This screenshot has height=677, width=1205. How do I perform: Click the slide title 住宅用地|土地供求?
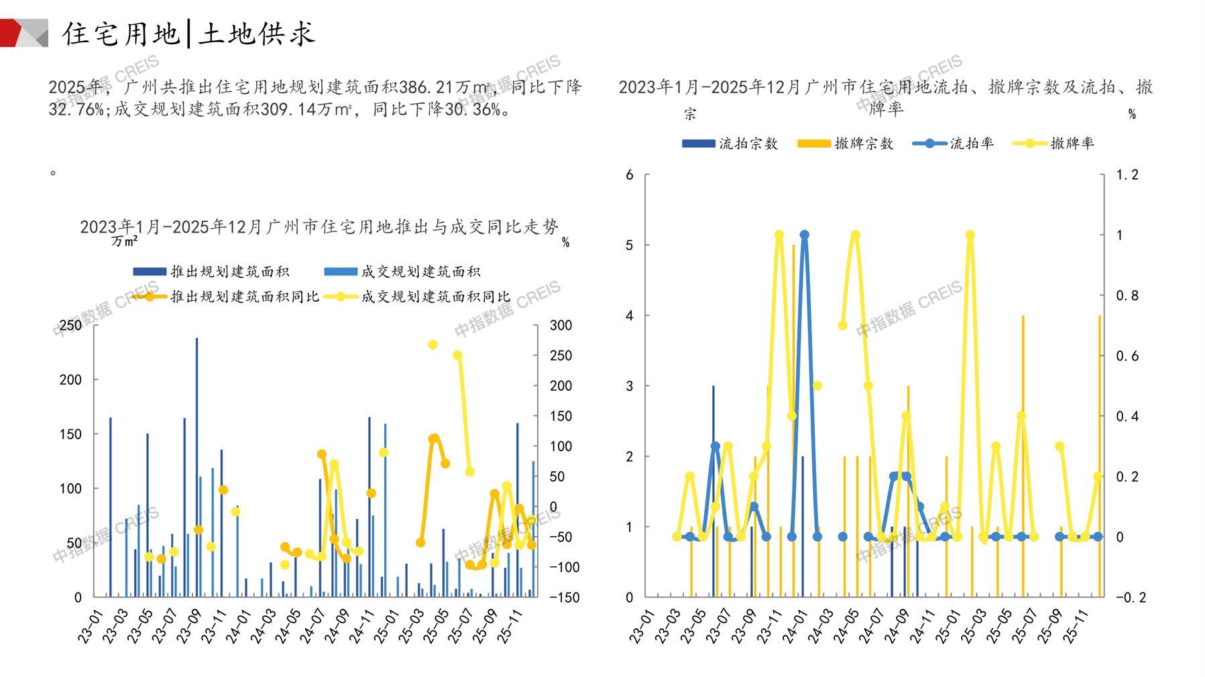pos(188,34)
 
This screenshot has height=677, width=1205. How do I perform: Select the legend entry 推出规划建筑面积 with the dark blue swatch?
pos(211,271)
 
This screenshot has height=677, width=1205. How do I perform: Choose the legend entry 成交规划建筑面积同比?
pos(417,296)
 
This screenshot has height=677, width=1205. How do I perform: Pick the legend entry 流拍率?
pos(953,143)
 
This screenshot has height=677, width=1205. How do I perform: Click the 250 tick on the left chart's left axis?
pos(70,325)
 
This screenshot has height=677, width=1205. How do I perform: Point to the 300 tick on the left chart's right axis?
pos(561,325)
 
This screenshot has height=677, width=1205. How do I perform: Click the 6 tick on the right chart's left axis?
pos(629,175)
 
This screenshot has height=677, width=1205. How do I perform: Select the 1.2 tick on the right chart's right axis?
pos(1127,175)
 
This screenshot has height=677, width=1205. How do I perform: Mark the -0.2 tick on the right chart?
pos(1130,597)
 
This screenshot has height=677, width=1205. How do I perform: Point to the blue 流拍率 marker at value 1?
pos(804,235)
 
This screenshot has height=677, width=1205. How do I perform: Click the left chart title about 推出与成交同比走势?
pos(319,227)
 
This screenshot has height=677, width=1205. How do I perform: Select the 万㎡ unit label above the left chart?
pos(125,241)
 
